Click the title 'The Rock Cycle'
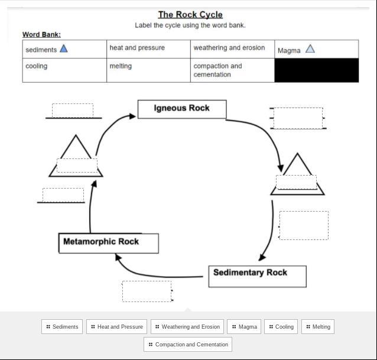190,15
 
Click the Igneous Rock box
181,109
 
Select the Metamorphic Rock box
108,242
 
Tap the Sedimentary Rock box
257,275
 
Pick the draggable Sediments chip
62,326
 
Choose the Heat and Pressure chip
116,326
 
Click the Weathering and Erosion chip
187,326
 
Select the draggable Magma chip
244,326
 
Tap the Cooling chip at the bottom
281,326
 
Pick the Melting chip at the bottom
318,326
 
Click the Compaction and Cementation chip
188,344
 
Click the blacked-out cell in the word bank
316,70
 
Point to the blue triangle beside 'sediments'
64,49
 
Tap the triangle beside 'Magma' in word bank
310,49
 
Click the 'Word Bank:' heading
41,34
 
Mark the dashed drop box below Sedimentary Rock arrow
147,291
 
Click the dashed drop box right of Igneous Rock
298,118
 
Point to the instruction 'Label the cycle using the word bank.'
190,25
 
